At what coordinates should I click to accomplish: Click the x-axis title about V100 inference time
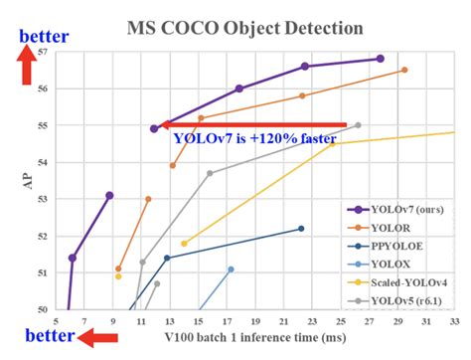point(255,340)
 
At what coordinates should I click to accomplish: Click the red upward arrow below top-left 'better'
point(27,68)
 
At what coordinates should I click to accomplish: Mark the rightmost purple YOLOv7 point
point(380,59)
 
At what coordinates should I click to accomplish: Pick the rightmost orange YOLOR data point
point(404,70)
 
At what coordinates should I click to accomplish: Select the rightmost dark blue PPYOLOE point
point(301,229)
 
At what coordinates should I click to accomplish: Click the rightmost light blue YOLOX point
point(231,270)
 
